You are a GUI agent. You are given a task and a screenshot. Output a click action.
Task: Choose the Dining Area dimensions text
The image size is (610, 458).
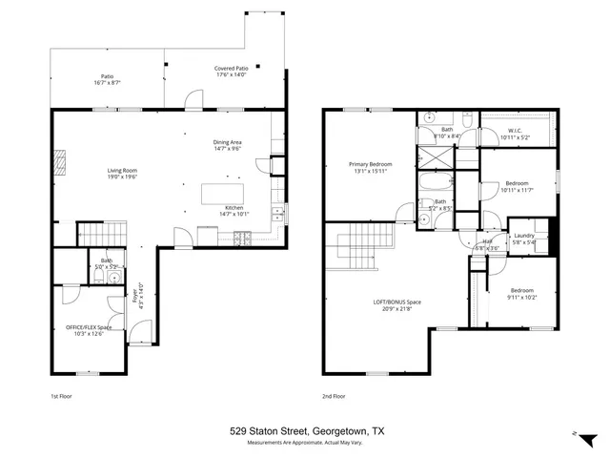point(232,149)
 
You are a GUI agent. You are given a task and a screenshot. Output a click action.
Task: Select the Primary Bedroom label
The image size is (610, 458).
point(371,165)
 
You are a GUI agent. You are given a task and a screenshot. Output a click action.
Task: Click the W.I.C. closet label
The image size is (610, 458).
point(515,132)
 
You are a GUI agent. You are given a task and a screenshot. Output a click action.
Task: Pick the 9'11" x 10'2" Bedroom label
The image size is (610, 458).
point(521,290)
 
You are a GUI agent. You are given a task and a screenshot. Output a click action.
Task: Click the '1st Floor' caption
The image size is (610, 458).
point(61,395)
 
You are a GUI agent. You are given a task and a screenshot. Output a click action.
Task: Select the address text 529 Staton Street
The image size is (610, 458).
point(272,431)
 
